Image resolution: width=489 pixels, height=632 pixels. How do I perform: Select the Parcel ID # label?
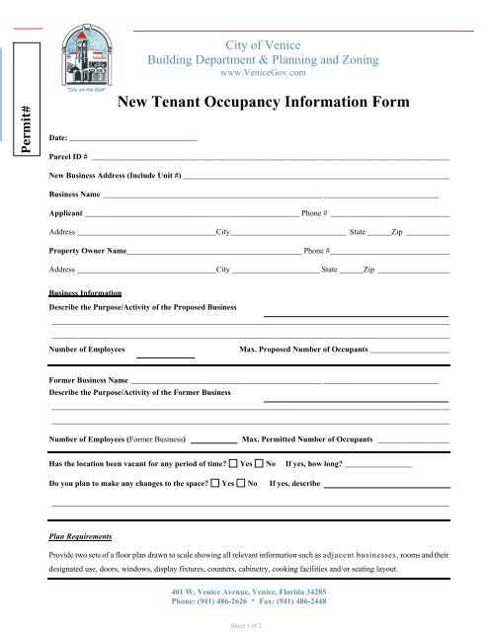point(68,157)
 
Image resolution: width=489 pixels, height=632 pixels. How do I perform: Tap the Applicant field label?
point(66,213)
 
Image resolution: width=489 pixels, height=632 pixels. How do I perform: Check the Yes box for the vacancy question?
point(233,462)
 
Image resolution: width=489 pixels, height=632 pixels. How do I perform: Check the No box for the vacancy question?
point(259,462)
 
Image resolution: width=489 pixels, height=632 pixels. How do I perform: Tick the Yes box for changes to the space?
point(215,485)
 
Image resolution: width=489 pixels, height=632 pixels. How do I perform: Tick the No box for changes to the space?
point(241,485)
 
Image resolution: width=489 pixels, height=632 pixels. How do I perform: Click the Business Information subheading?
point(85,294)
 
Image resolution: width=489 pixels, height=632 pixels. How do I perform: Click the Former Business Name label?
point(88,379)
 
